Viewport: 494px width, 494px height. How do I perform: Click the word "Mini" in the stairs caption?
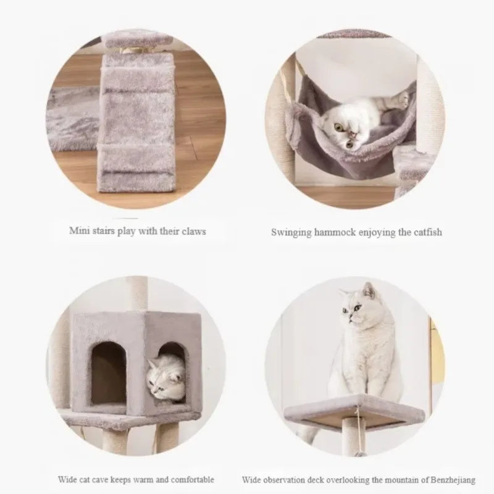pyautogui.click(x=77, y=230)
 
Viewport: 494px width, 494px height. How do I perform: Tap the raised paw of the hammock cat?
pyautogui.click(x=403, y=98)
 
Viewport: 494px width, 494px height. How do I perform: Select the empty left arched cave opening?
pyautogui.click(x=109, y=372)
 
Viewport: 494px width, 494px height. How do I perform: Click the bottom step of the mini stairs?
pyautogui.click(x=136, y=181)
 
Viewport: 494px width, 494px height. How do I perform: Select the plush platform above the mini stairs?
pyautogui.click(x=138, y=40)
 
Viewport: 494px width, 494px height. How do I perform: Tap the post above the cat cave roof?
pyautogui.click(x=136, y=294)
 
